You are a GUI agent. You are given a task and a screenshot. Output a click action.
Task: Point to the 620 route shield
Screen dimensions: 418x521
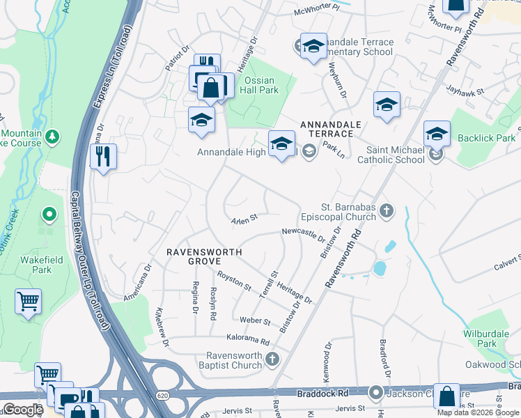162,395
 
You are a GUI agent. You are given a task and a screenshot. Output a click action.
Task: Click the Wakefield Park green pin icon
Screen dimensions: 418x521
49,216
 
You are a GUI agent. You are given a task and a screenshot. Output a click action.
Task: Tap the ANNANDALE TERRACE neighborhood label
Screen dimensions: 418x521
331,128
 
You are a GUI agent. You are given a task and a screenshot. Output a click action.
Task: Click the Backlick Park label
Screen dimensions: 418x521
486,138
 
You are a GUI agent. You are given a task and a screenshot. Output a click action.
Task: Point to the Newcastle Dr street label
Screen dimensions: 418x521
304,233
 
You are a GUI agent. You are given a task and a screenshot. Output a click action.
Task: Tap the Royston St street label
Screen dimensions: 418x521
234,281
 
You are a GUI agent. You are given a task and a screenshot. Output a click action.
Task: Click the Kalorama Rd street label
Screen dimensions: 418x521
246,341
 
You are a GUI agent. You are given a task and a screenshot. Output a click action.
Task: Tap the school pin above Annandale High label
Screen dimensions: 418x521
281,144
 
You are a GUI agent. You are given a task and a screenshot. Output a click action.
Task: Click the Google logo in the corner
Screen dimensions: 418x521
23,410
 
